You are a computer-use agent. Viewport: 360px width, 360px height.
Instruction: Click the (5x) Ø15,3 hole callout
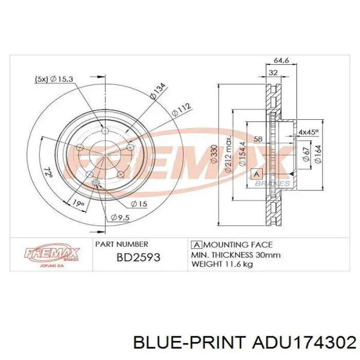[x=54, y=79]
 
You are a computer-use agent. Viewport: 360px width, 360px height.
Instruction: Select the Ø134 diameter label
[x=158, y=91]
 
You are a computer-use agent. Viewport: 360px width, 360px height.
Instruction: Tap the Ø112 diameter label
[x=182, y=110]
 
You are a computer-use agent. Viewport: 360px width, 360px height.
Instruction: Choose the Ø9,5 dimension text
[x=120, y=217]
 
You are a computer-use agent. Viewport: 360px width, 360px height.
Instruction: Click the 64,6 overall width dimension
[x=281, y=60]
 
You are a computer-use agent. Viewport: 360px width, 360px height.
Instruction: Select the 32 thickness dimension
[x=273, y=73]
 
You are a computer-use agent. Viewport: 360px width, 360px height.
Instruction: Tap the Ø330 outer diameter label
[x=214, y=154]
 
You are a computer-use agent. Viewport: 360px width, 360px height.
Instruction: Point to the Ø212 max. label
[x=228, y=154]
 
